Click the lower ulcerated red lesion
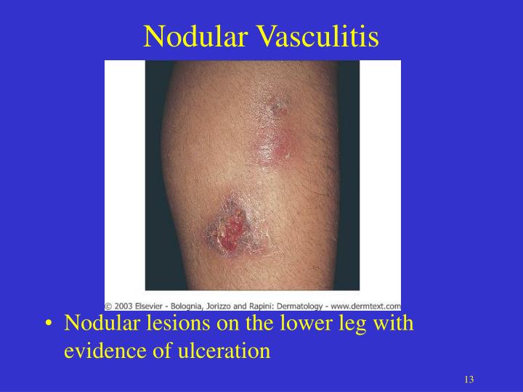(x=229, y=233)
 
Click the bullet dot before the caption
(x=47, y=324)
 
